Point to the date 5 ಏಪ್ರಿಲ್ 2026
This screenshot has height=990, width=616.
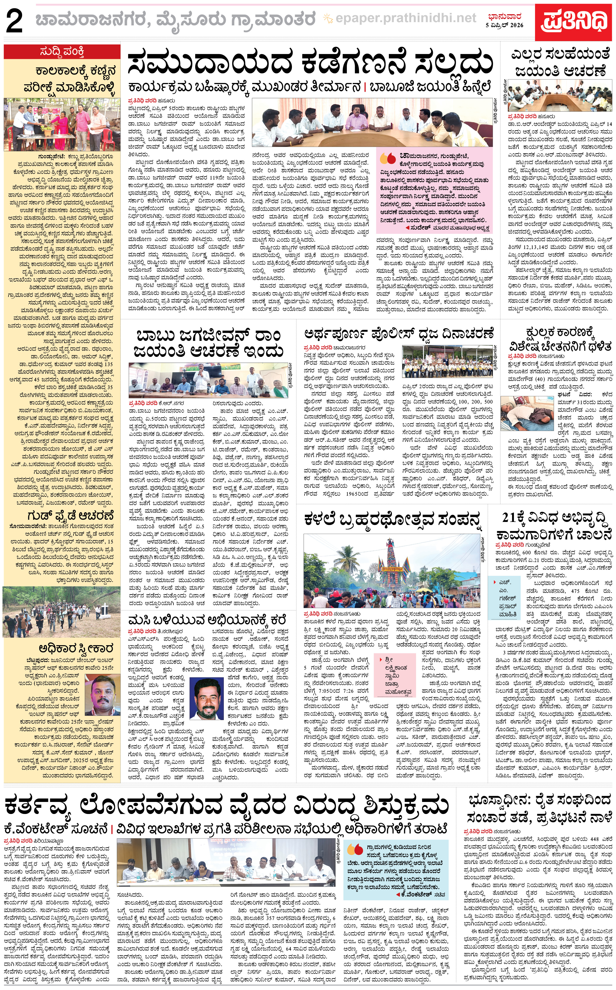[504, 25]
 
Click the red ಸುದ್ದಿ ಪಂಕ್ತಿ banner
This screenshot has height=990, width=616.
[62, 52]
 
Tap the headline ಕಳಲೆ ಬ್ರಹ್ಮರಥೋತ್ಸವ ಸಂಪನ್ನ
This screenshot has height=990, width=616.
[392, 520]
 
